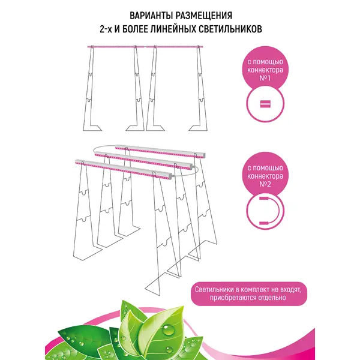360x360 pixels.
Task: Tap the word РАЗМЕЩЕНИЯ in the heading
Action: click(204, 16)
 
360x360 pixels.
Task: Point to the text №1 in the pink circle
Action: click(265, 78)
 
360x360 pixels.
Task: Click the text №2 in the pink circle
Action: click(265, 184)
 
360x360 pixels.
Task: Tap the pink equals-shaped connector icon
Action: click(265, 104)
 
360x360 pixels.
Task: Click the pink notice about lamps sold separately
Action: click(249, 293)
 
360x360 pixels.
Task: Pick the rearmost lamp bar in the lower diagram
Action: click(160, 151)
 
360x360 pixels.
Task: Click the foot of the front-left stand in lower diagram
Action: click(88, 253)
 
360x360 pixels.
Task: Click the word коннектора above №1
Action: click(265, 70)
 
